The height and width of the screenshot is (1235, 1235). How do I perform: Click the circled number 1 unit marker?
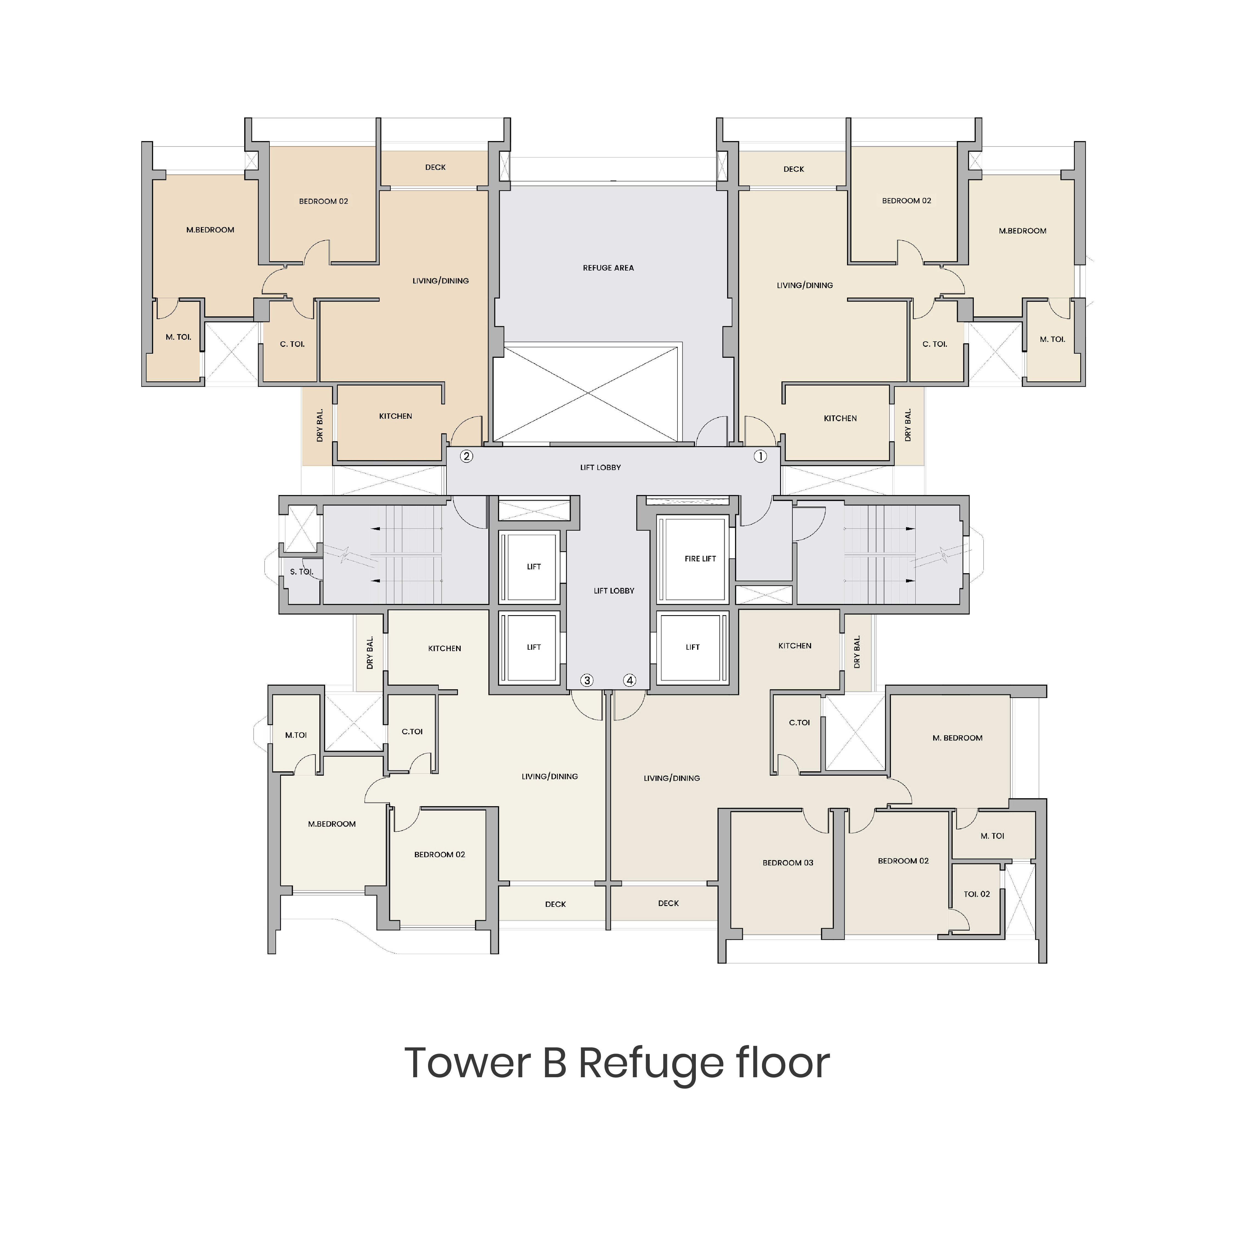[x=759, y=456]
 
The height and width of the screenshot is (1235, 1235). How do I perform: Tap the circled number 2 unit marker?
[x=467, y=456]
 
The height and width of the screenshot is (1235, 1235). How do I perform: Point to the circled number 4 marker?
[x=630, y=680]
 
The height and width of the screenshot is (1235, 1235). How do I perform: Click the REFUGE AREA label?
[x=608, y=268]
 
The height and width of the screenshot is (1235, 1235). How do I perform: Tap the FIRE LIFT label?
[x=700, y=559]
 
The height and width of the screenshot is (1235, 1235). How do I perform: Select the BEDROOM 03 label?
[x=787, y=863]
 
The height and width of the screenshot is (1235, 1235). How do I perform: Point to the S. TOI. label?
[x=301, y=572]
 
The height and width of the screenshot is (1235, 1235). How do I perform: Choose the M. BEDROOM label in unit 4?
[x=957, y=738]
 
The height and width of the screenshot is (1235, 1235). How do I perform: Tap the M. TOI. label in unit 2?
[x=178, y=337]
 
